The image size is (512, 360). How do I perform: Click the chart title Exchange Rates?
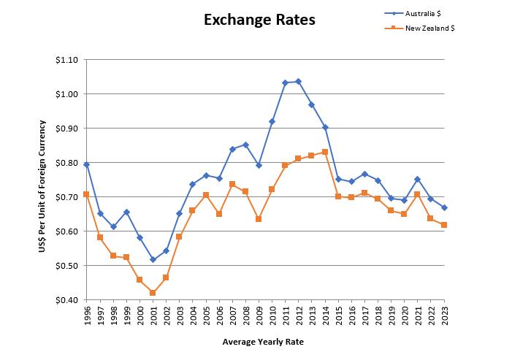click(x=260, y=20)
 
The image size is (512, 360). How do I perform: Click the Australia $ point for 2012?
click(x=298, y=81)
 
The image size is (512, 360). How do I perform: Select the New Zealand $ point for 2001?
click(x=153, y=293)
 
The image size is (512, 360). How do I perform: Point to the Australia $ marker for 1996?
click(x=87, y=164)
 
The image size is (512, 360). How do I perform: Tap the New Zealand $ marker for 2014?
click(x=324, y=152)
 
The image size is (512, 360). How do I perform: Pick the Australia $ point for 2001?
click(x=153, y=259)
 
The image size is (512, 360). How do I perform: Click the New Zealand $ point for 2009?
click(x=259, y=219)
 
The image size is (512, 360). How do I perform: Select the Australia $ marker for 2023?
click(x=444, y=207)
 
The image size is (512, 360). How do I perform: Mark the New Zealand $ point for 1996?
click(x=87, y=194)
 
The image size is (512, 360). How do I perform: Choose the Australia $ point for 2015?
click(x=338, y=179)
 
